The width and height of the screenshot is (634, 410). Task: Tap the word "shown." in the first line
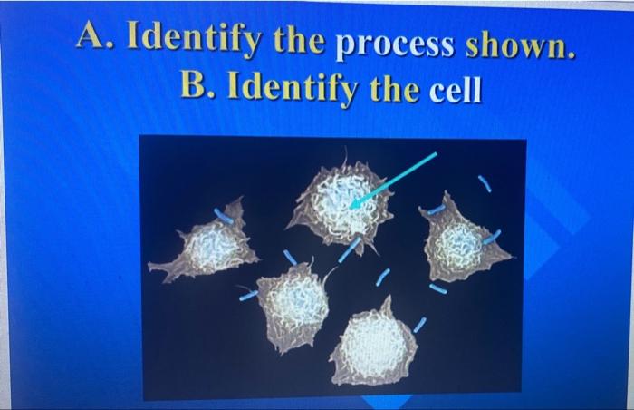(521, 44)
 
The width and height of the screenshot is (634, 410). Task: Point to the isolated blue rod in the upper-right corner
(485, 184)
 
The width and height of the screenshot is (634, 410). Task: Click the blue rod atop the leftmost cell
(223, 216)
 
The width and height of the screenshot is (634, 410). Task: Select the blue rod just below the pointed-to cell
(349, 251)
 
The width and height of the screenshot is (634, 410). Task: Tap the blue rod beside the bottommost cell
(418, 324)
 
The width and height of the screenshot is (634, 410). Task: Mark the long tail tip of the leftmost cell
(154, 268)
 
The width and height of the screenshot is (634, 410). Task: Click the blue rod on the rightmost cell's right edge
(492, 238)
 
